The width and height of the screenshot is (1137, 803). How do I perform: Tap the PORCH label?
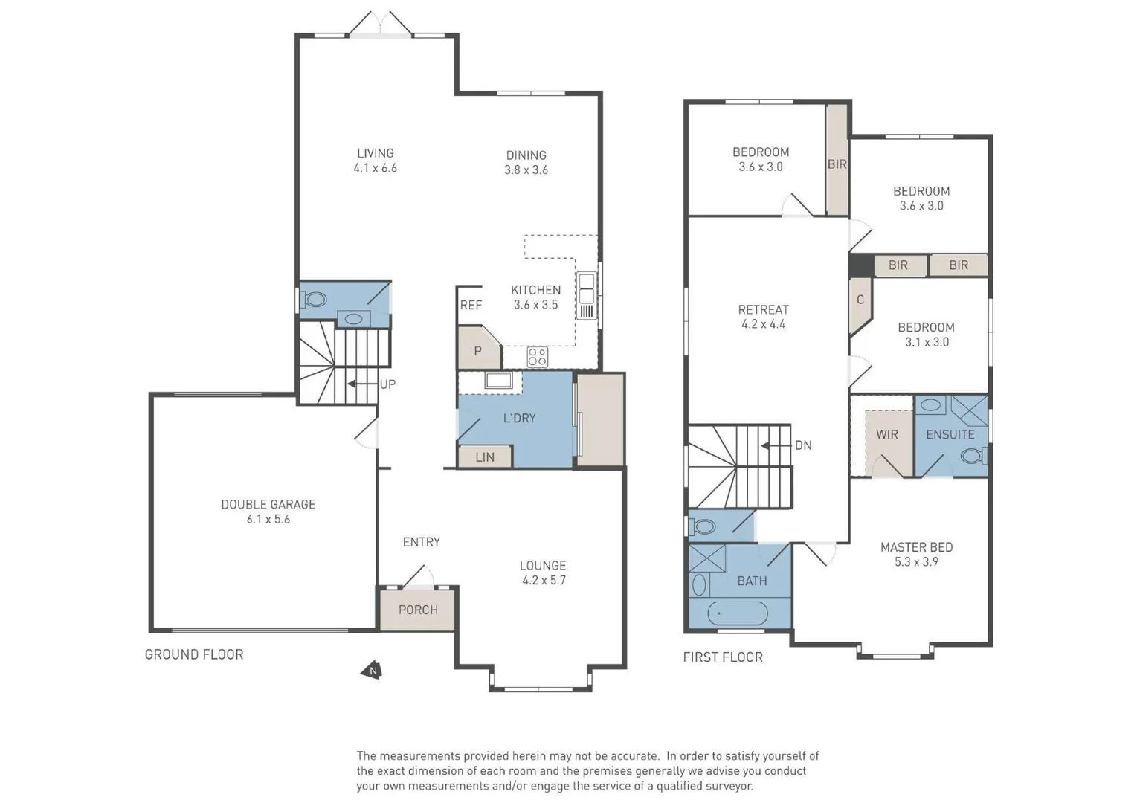coord(418,610)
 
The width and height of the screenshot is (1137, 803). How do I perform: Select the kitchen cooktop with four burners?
coord(537,356)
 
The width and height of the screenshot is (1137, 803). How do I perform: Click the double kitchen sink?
coord(586,295)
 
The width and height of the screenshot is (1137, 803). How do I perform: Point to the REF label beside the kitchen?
coord(471,305)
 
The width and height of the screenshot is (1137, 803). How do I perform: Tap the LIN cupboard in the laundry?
coord(485,457)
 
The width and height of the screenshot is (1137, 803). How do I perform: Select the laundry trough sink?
coord(498,380)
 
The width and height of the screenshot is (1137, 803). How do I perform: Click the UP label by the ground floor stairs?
coord(387,384)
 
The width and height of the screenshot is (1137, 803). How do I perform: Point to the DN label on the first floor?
coord(803,445)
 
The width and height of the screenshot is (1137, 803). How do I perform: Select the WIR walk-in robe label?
coord(886,434)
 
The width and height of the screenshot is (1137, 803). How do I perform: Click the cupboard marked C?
coord(860,300)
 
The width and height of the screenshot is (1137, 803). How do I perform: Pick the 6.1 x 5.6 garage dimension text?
coord(268,519)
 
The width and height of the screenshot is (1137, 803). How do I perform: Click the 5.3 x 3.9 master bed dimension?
coord(916,561)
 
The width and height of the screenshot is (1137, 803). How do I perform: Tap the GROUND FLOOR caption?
coord(194,654)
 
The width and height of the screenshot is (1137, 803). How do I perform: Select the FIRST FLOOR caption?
coord(723,657)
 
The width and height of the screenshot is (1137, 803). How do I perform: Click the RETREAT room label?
coord(764,309)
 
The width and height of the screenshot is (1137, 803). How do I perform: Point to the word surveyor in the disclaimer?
coord(729,786)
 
